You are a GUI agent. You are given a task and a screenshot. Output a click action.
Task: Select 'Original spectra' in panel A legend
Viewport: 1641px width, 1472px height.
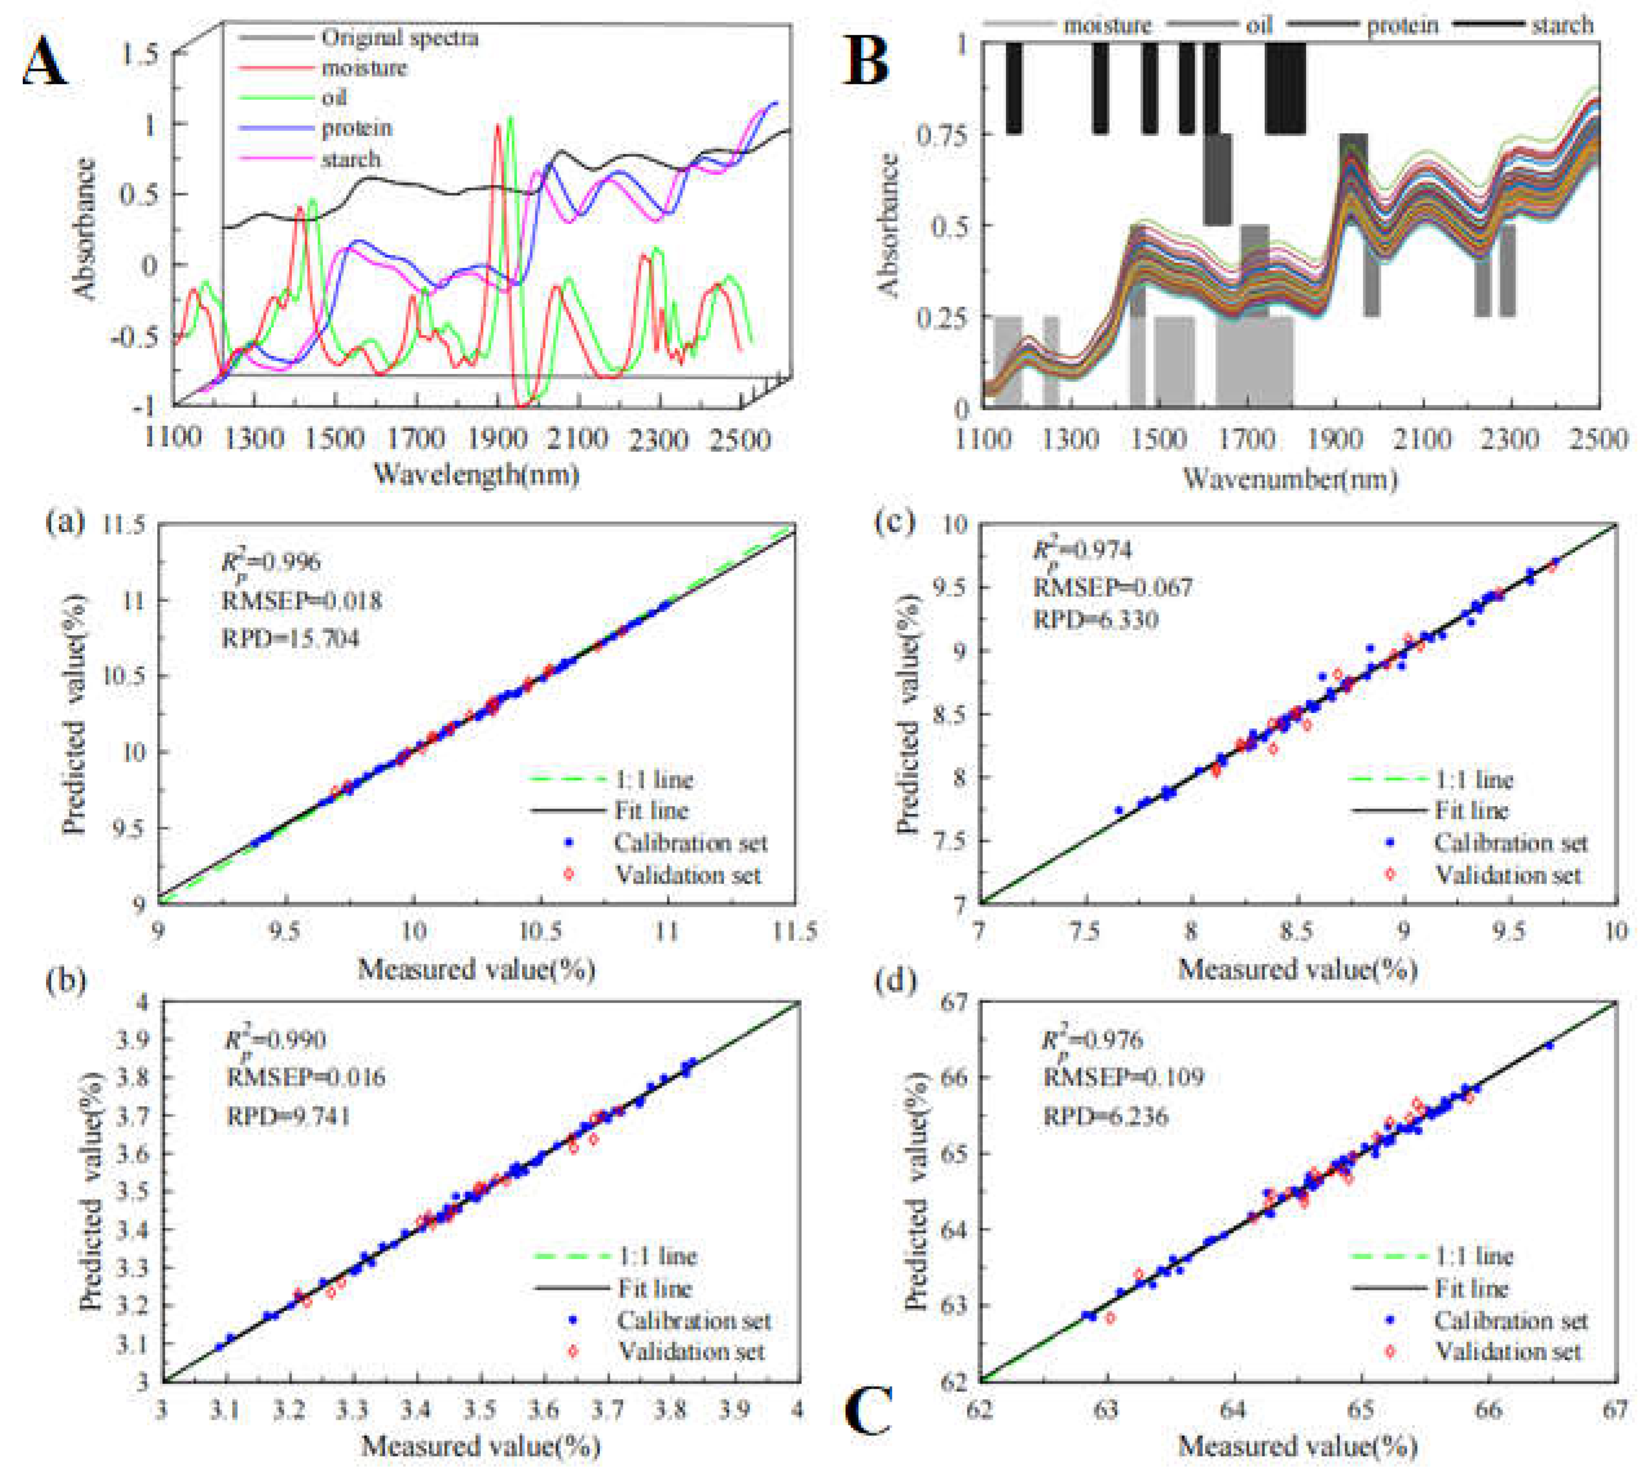399,38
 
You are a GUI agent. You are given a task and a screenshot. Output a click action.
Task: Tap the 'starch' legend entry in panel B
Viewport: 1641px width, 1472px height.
1561,26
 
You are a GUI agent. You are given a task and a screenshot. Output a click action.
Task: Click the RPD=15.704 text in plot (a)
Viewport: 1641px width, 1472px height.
290,638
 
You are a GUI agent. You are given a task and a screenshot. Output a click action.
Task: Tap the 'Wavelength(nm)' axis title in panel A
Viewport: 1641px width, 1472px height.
476,474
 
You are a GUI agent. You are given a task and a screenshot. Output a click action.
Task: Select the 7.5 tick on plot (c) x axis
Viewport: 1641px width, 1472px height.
1084,930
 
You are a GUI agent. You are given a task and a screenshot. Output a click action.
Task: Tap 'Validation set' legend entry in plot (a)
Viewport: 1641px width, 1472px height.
688,875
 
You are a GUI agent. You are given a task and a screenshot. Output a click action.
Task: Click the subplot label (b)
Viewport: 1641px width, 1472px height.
66,981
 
